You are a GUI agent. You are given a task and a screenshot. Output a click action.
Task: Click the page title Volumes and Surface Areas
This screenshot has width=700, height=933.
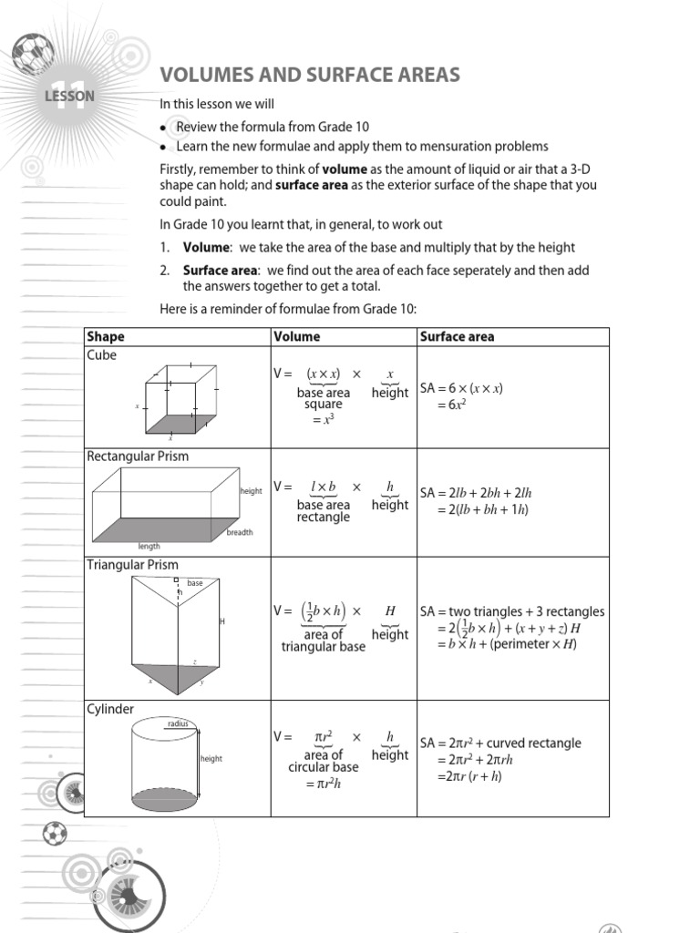point(310,75)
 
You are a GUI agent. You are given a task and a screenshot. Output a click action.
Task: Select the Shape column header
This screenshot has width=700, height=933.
point(106,336)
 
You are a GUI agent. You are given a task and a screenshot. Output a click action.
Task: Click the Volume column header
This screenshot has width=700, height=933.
point(297,336)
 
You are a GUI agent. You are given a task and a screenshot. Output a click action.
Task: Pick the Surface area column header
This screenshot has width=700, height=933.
point(457,336)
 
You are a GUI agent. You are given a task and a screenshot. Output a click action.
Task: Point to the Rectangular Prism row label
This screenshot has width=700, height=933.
point(138,456)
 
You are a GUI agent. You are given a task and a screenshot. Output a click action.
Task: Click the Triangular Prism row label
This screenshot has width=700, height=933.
point(132,565)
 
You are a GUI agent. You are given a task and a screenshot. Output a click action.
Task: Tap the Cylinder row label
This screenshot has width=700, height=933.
point(110,709)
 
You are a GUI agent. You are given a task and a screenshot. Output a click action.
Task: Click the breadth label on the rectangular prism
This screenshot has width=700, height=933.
point(240,532)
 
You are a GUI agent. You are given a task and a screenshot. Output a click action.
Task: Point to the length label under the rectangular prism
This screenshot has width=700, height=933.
point(149,547)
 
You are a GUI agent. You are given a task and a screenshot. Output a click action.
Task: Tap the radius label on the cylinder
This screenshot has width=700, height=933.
point(177,723)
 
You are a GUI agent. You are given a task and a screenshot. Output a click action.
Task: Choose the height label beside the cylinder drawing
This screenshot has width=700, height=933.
point(211,759)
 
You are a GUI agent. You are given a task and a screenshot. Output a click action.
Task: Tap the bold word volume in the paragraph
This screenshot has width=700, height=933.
point(345,169)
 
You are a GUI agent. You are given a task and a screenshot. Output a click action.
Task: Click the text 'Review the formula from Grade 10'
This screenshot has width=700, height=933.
point(273,127)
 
